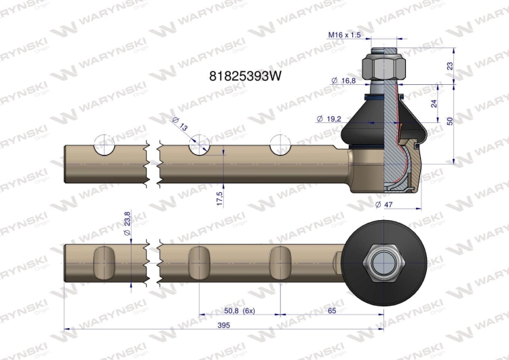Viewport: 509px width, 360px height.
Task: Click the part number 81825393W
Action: point(246,76)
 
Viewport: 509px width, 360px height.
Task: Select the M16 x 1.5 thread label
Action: point(344,35)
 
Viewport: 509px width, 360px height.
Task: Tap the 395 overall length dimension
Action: point(224,325)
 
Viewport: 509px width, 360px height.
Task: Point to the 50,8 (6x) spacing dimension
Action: point(240,310)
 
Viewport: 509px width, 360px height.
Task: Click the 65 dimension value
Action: point(332,310)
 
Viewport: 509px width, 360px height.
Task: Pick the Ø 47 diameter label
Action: point(383,204)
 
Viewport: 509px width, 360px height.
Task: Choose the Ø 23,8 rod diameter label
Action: point(127,223)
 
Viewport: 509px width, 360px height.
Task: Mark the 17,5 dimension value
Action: point(220,198)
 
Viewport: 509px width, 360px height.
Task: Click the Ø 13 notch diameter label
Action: point(179,124)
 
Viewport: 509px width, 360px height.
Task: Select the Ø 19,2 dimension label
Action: point(328,119)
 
